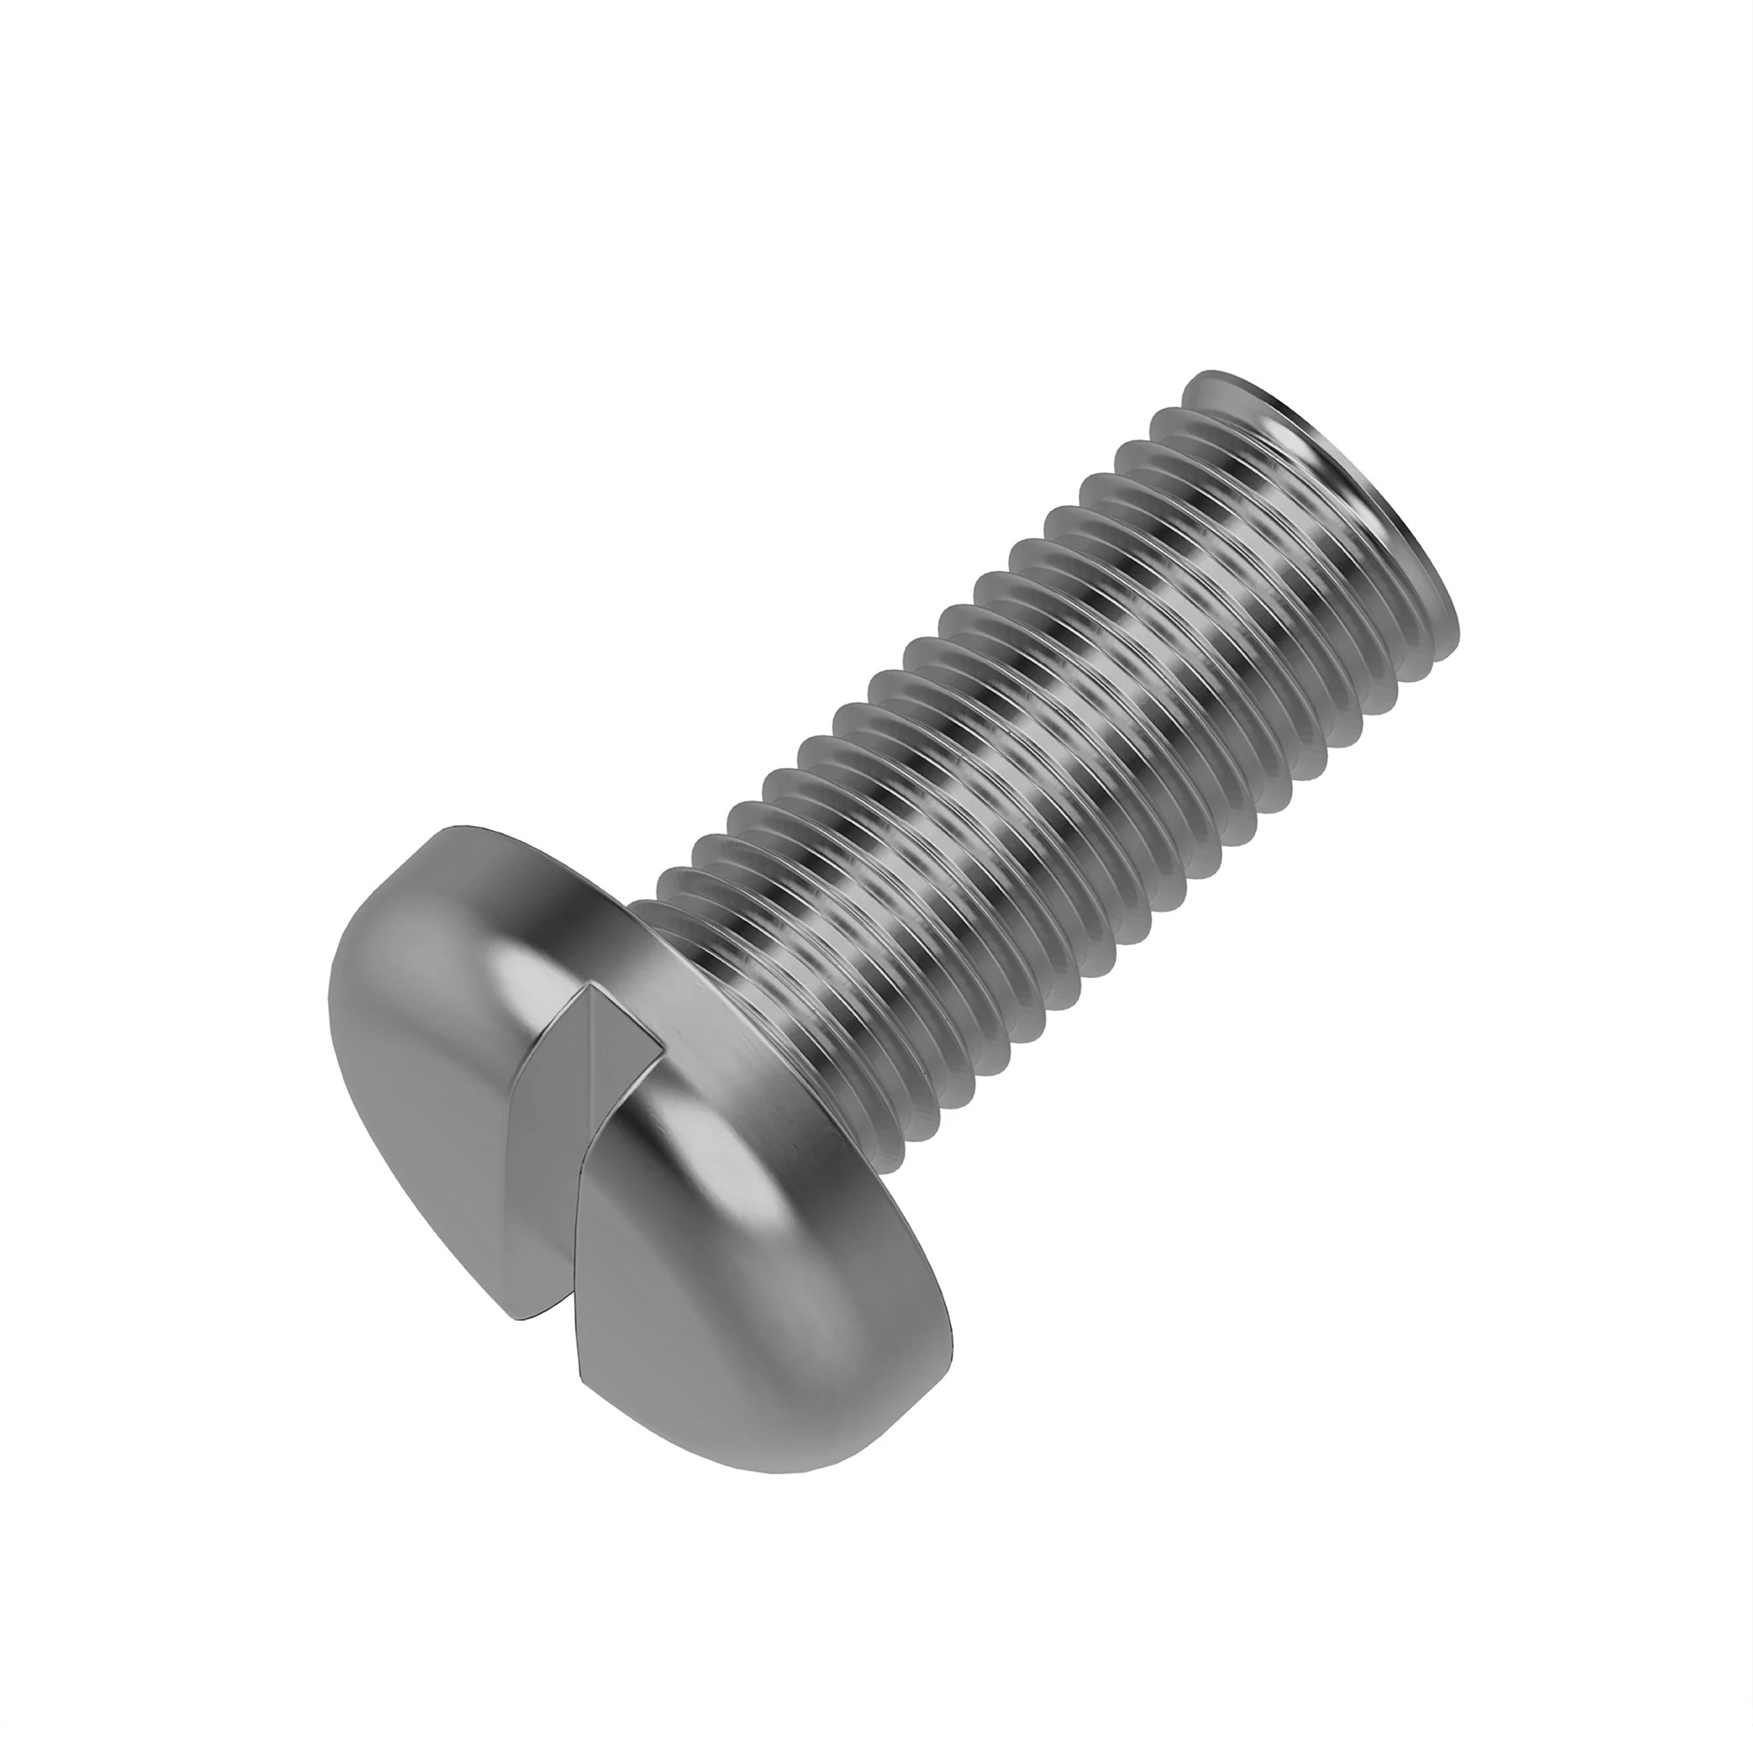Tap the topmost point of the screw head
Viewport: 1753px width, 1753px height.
(x=463, y=827)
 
